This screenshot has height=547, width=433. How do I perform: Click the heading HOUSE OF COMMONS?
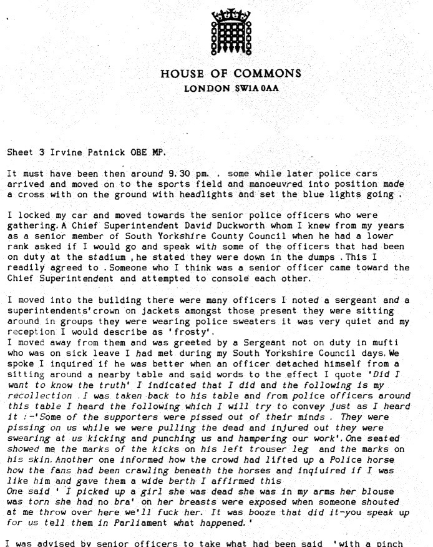231,74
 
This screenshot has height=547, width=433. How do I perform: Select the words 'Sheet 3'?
24,152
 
